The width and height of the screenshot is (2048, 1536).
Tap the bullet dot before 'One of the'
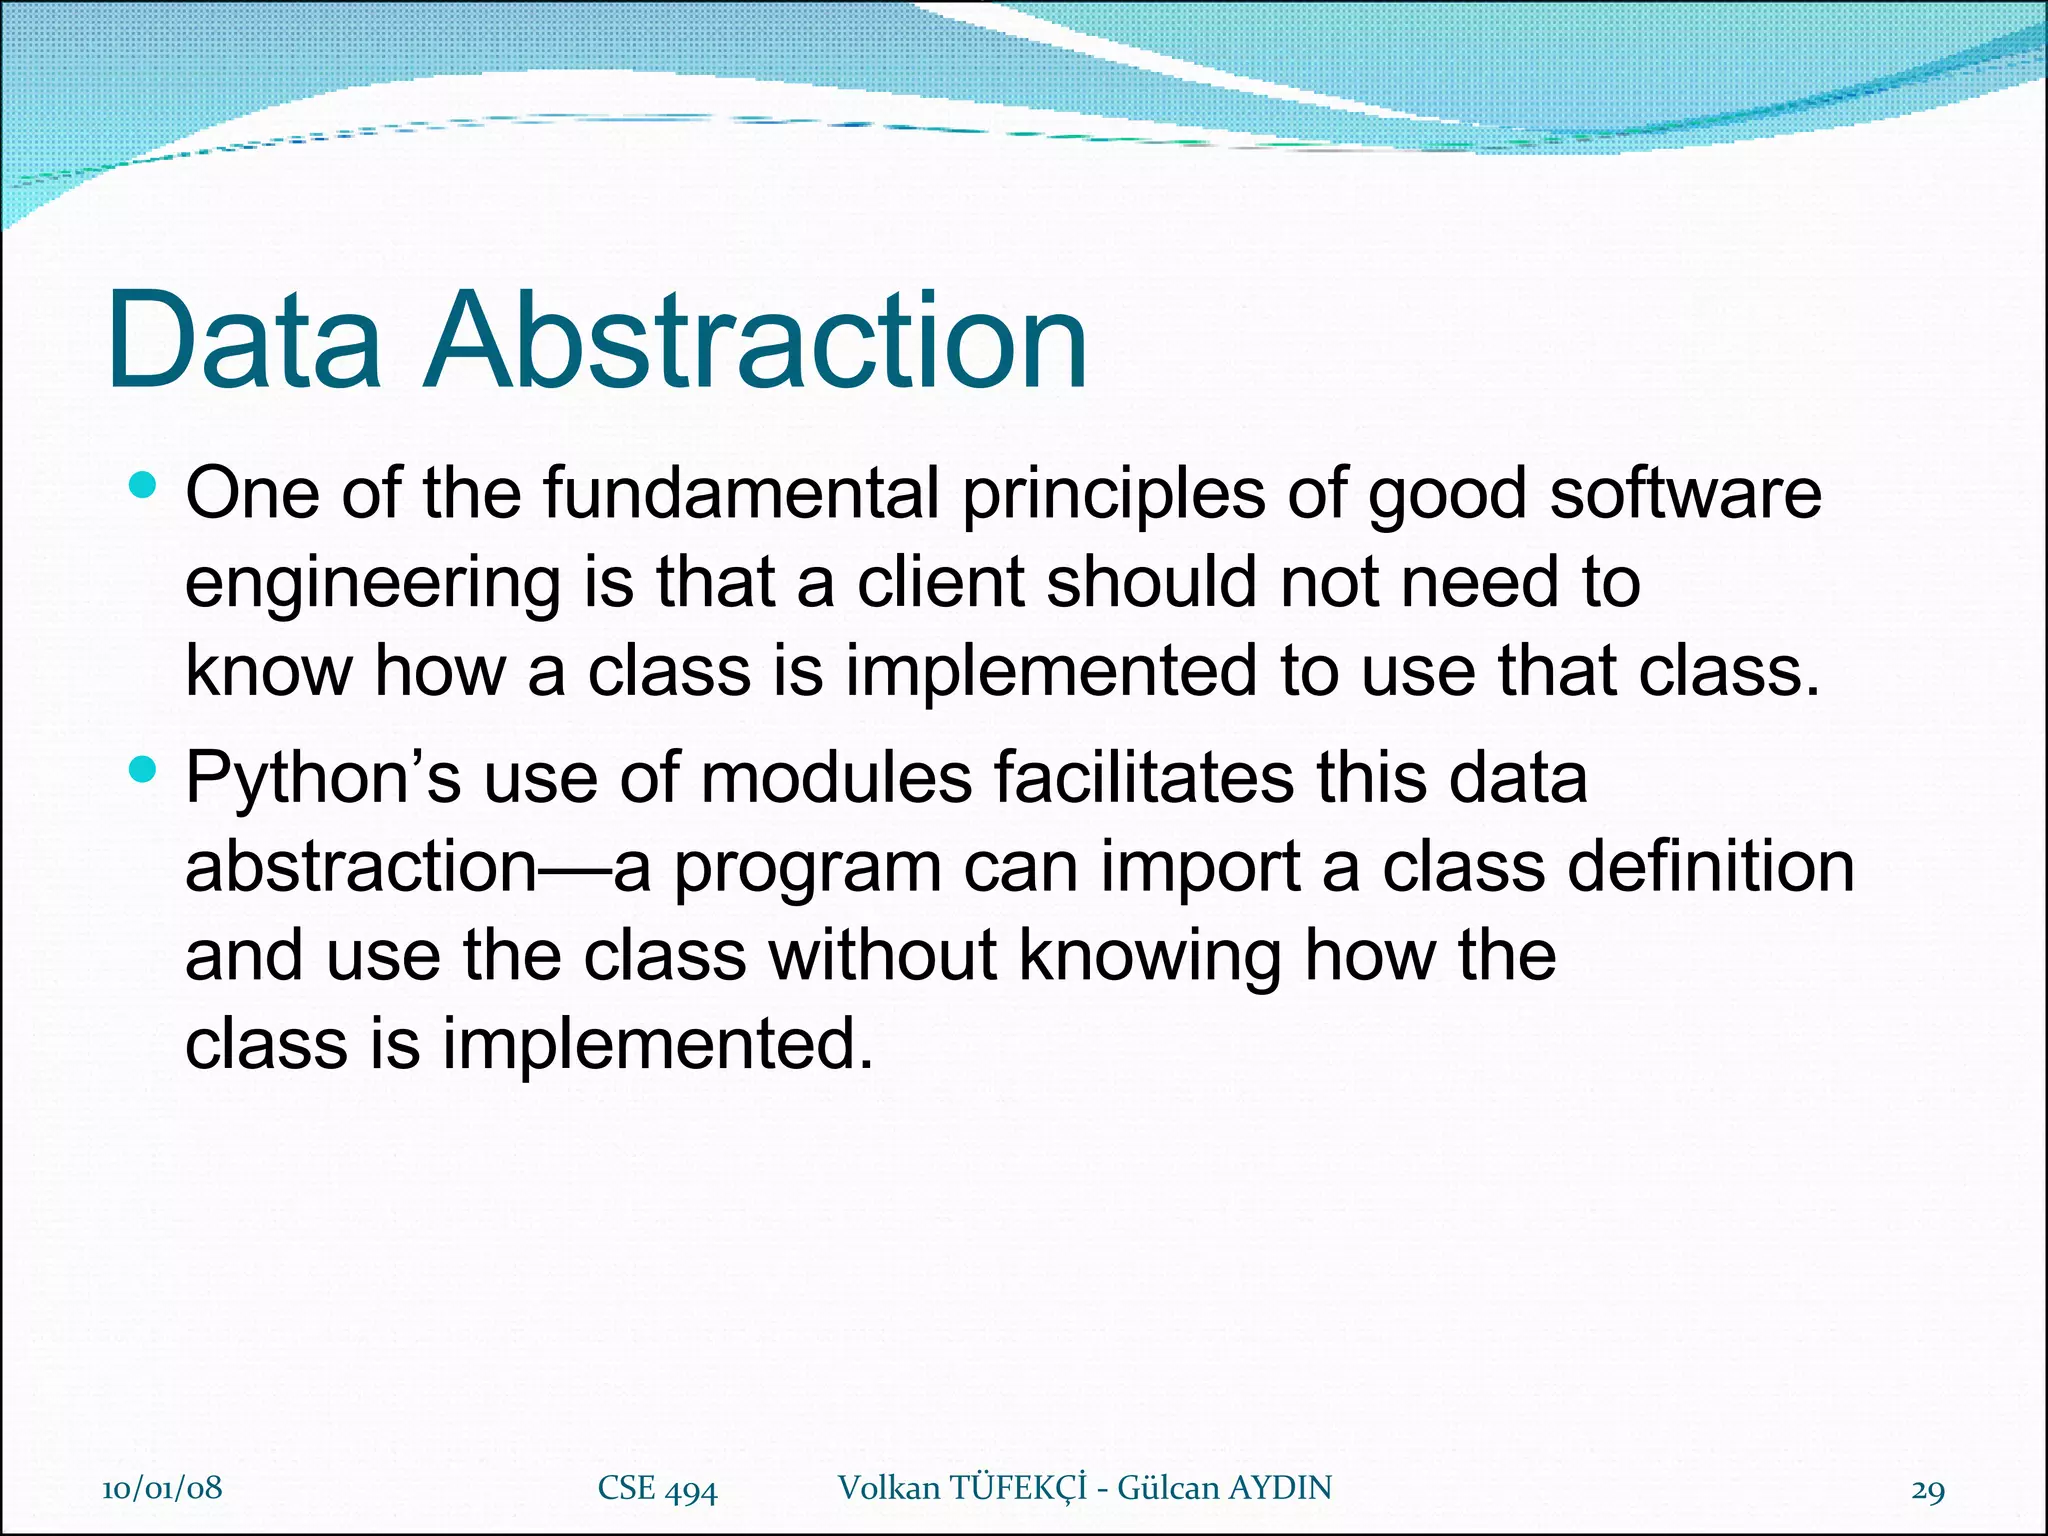click(144, 486)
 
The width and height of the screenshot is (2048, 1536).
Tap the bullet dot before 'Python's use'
click(144, 769)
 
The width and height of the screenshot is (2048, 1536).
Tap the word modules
click(836, 777)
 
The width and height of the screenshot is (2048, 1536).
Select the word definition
click(1711, 865)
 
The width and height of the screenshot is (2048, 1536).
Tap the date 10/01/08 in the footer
click(162, 1487)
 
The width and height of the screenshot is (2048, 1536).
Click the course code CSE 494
click(657, 1488)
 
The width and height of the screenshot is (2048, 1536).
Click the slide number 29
click(1927, 1489)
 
